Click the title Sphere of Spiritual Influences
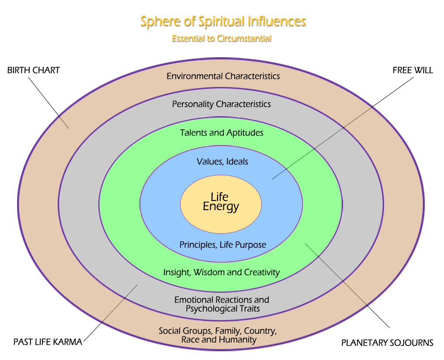click(x=223, y=21)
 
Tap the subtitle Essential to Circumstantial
click(x=222, y=38)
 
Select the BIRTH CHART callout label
click(x=34, y=70)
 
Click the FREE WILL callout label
click(x=413, y=70)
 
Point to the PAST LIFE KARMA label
click(x=48, y=342)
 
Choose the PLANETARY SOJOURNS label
click(x=387, y=343)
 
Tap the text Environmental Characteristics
click(x=223, y=76)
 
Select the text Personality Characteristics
click(x=221, y=104)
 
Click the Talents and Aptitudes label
click(x=222, y=132)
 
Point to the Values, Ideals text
click(x=222, y=161)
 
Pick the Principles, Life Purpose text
click(x=222, y=245)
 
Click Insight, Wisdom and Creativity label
click(x=221, y=272)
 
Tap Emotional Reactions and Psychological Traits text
click(x=222, y=304)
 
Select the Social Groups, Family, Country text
click(x=218, y=330)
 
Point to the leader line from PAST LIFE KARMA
click(x=110, y=313)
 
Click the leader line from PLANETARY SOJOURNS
click(x=347, y=285)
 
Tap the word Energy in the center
click(x=221, y=207)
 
